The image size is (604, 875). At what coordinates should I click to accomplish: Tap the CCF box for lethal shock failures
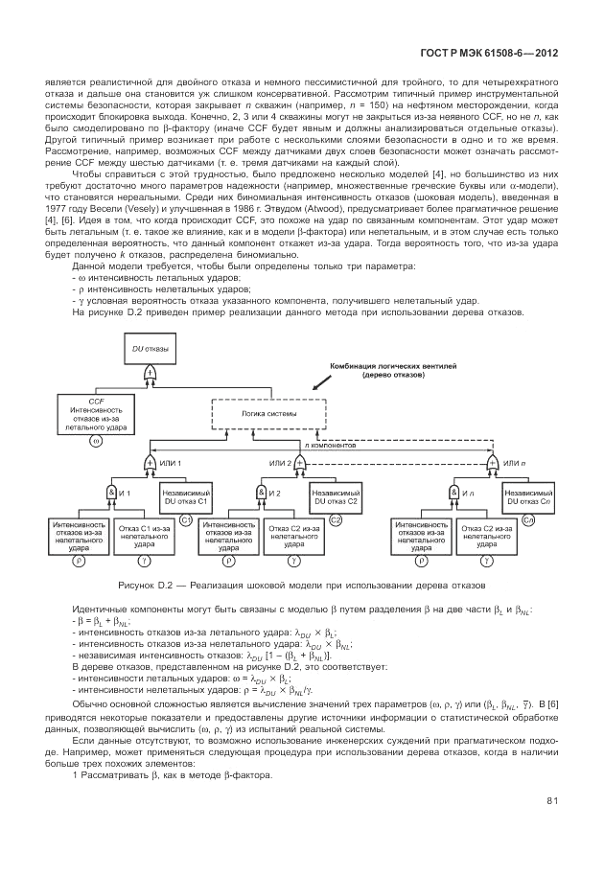[96, 413]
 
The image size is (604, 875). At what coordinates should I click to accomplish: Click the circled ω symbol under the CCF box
[96, 440]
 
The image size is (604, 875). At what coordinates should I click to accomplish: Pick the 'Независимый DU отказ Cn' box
[526, 496]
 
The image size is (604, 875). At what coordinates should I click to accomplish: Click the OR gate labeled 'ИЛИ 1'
[150, 464]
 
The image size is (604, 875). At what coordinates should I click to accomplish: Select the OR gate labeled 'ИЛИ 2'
[298, 464]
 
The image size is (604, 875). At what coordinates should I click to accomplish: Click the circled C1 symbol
[186, 519]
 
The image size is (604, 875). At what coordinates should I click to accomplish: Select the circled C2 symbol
[336, 519]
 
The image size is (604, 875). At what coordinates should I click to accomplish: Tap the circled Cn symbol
[527, 519]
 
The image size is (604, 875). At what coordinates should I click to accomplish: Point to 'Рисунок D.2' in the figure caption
[141, 584]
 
